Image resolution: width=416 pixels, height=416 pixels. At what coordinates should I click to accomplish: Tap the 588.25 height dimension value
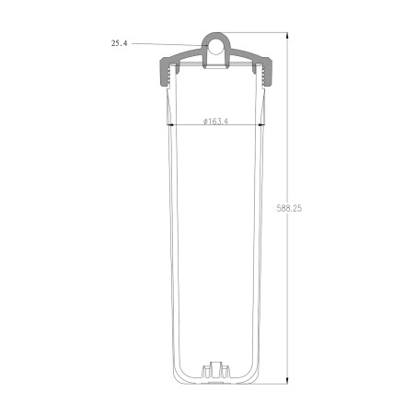(289, 210)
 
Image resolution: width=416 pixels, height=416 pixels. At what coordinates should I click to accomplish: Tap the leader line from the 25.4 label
(166, 43)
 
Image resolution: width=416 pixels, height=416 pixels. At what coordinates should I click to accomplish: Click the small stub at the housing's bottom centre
(216, 369)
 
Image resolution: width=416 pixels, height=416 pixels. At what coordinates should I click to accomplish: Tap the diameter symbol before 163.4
(200, 121)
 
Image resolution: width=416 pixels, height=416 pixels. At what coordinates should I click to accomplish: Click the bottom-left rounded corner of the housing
(179, 376)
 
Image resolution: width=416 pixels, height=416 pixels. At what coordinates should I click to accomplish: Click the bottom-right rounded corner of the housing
(254, 376)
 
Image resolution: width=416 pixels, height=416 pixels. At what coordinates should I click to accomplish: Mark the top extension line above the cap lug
(258, 32)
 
